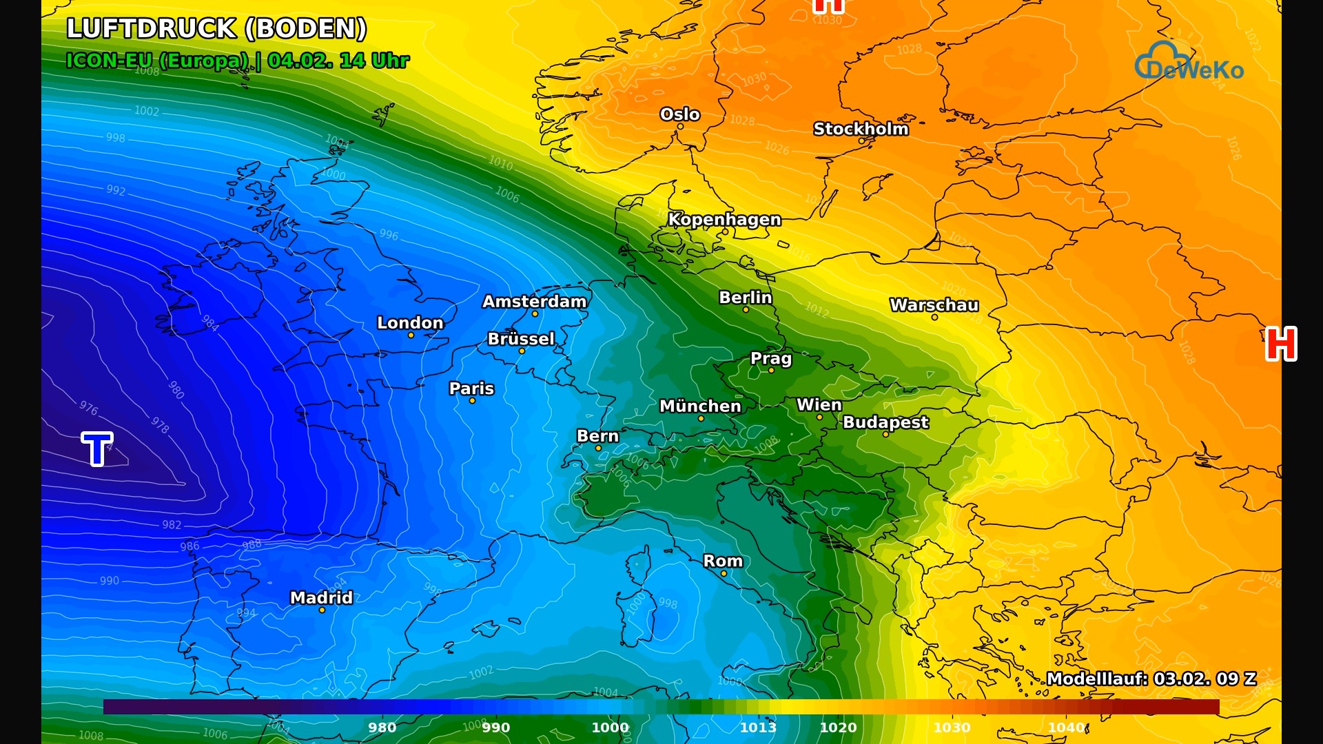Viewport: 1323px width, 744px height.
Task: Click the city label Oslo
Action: tap(679, 114)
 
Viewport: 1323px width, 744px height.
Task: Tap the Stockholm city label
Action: tap(861, 129)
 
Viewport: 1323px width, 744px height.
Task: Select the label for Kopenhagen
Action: tap(724, 220)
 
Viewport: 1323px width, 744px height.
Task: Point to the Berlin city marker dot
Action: tap(746, 310)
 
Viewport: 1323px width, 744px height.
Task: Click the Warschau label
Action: tap(934, 305)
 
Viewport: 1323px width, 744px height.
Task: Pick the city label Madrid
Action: tap(321, 597)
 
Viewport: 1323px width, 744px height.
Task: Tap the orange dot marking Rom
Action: tap(724, 573)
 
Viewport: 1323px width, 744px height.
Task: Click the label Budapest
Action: tap(885, 422)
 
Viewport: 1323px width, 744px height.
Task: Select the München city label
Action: tap(700, 406)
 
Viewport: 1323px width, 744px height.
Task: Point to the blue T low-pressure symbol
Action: tap(97, 449)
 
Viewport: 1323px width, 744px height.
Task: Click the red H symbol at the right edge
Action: tap(1281, 344)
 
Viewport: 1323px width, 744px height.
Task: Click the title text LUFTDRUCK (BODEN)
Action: tap(216, 29)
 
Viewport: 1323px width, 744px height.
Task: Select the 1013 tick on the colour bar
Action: tap(758, 727)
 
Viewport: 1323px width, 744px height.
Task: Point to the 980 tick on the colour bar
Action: tap(382, 727)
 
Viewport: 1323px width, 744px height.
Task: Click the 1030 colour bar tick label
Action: tap(952, 727)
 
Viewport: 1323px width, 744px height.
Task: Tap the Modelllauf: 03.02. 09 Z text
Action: tap(1151, 679)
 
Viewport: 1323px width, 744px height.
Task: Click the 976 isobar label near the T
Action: tap(88, 408)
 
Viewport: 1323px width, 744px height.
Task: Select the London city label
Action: tap(410, 323)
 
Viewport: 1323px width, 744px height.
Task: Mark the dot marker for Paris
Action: tap(472, 400)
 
